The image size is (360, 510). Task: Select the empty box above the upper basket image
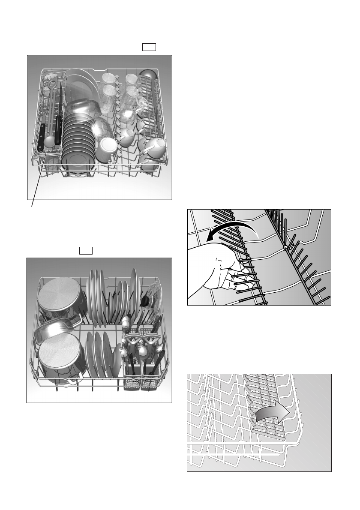pyautogui.click(x=149, y=47)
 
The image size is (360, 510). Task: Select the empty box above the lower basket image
pyautogui.click(x=86, y=250)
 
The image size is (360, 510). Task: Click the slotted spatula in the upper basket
pyautogui.click(x=51, y=99)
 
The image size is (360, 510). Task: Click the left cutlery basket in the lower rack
pyautogui.click(x=130, y=377)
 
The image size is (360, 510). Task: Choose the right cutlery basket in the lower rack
pyautogui.click(x=148, y=377)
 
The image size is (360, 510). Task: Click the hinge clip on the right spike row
pyautogui.click(x=286, y=247)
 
